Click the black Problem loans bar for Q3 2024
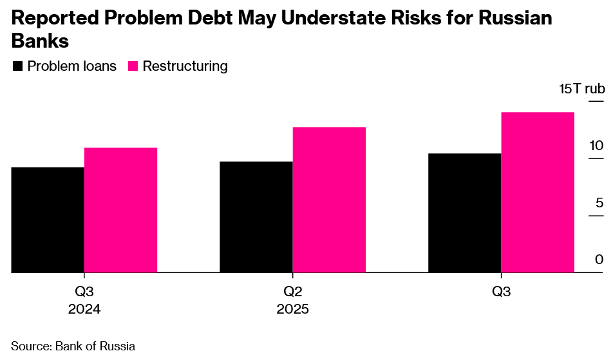tap(48, 220)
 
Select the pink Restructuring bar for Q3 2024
tap(120, 210)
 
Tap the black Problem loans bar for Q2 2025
tap(256, 217)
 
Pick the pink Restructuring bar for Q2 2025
tap(329, 200)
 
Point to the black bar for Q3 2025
tap(464, 213)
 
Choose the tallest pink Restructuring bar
tap(537, 193)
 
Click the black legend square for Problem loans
tap(18, 66)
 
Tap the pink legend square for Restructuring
tap(133, 66)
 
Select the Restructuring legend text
tap(185, 66)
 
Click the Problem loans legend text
tap(72, 66)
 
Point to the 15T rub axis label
tap(582, 88)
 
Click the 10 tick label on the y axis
tap(596, 146)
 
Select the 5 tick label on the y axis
tap(599, 203)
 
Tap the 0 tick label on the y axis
tap(599, 260)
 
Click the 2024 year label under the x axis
tap(84, 309)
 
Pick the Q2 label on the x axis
tap(293, 292)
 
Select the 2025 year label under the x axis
tap(293, 309)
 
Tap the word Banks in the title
tap(41, 42)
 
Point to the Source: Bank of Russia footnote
tap(73, 346)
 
